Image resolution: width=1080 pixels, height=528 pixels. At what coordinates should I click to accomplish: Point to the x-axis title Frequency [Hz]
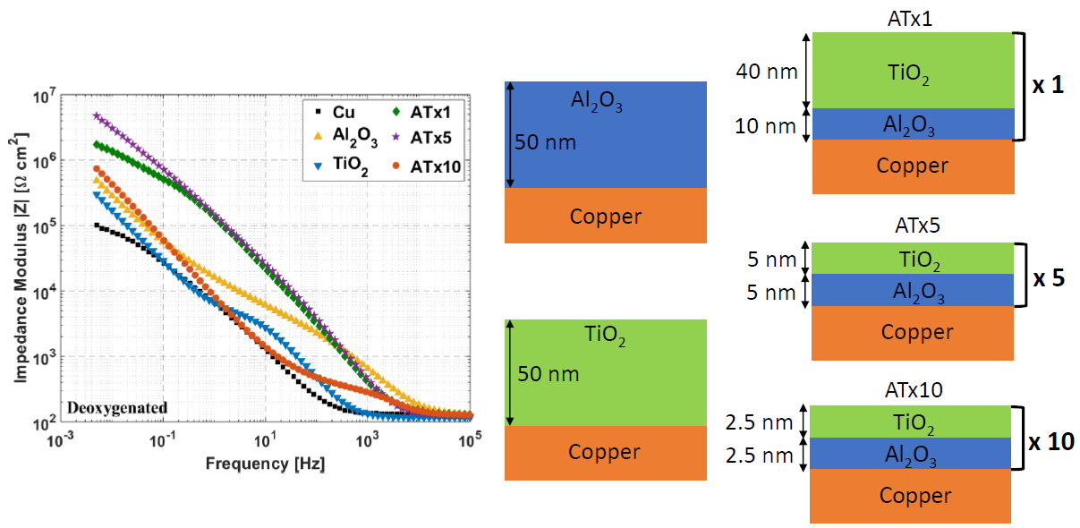(265, 464)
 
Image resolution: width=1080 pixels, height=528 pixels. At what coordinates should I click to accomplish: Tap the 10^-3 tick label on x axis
(60, 440)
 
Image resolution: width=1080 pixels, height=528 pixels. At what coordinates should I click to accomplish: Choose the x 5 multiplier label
(1048, 277)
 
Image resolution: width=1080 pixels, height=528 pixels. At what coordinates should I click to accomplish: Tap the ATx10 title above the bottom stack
(911, 389)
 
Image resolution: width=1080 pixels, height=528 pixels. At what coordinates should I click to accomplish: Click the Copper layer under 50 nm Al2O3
(606, 216)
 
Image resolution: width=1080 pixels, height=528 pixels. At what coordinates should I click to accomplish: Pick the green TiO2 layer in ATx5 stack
(913, 259)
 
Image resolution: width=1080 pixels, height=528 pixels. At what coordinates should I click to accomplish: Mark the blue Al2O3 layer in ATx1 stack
(913, 124)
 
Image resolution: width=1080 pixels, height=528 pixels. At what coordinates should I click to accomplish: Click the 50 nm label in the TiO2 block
(549, 373)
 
